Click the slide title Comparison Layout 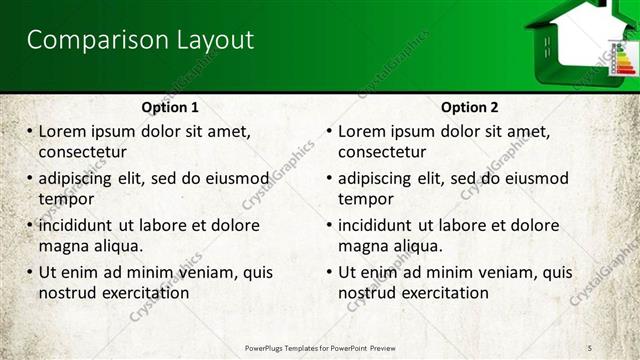140,41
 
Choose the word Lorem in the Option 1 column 61,132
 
